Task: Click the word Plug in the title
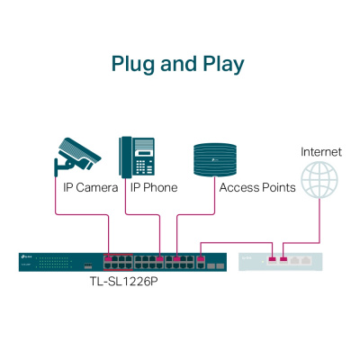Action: click(x=130, y=64)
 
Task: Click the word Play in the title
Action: click(x=222, y=64)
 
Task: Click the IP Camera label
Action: click(x=90, y=188)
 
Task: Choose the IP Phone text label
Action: click(x=154, y=188)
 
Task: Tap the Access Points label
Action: click(x=257, y=188)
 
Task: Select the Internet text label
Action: click(x=321, y=151)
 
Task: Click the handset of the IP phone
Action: click(x=127, y=156)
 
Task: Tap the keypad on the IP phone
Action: click(x=147, y=165)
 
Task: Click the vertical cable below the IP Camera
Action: click(x=56, y=198)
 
